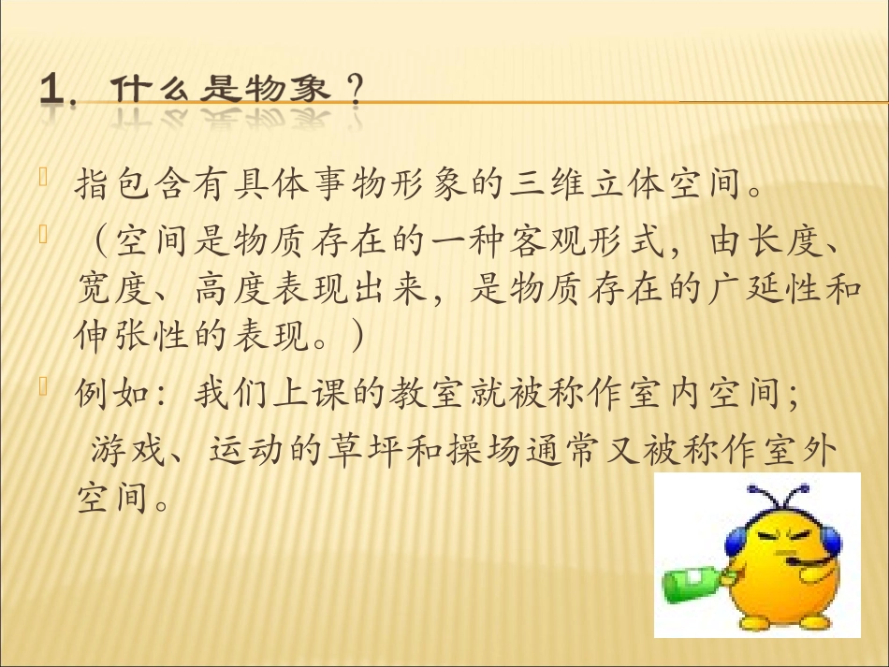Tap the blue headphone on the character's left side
coord(733,544)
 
